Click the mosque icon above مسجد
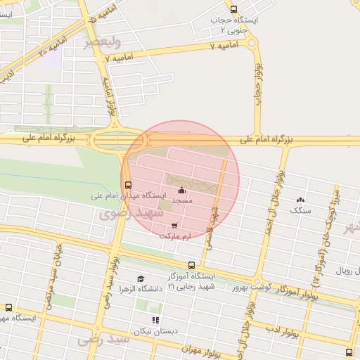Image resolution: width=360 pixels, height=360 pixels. tap(182, 190)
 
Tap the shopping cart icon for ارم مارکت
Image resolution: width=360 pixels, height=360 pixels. tap(174, 226)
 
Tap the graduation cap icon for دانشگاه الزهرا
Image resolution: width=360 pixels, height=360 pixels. tap(141, 279)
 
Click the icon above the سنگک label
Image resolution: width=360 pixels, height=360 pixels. tap(302, 200)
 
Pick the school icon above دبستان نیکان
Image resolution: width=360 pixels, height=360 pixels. tap(155, 320)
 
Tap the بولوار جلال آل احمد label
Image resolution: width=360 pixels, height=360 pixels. tap(272, 203)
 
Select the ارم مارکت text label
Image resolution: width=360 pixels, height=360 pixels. tap(174, 236)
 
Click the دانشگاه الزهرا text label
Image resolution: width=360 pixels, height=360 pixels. tap(140, 289)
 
